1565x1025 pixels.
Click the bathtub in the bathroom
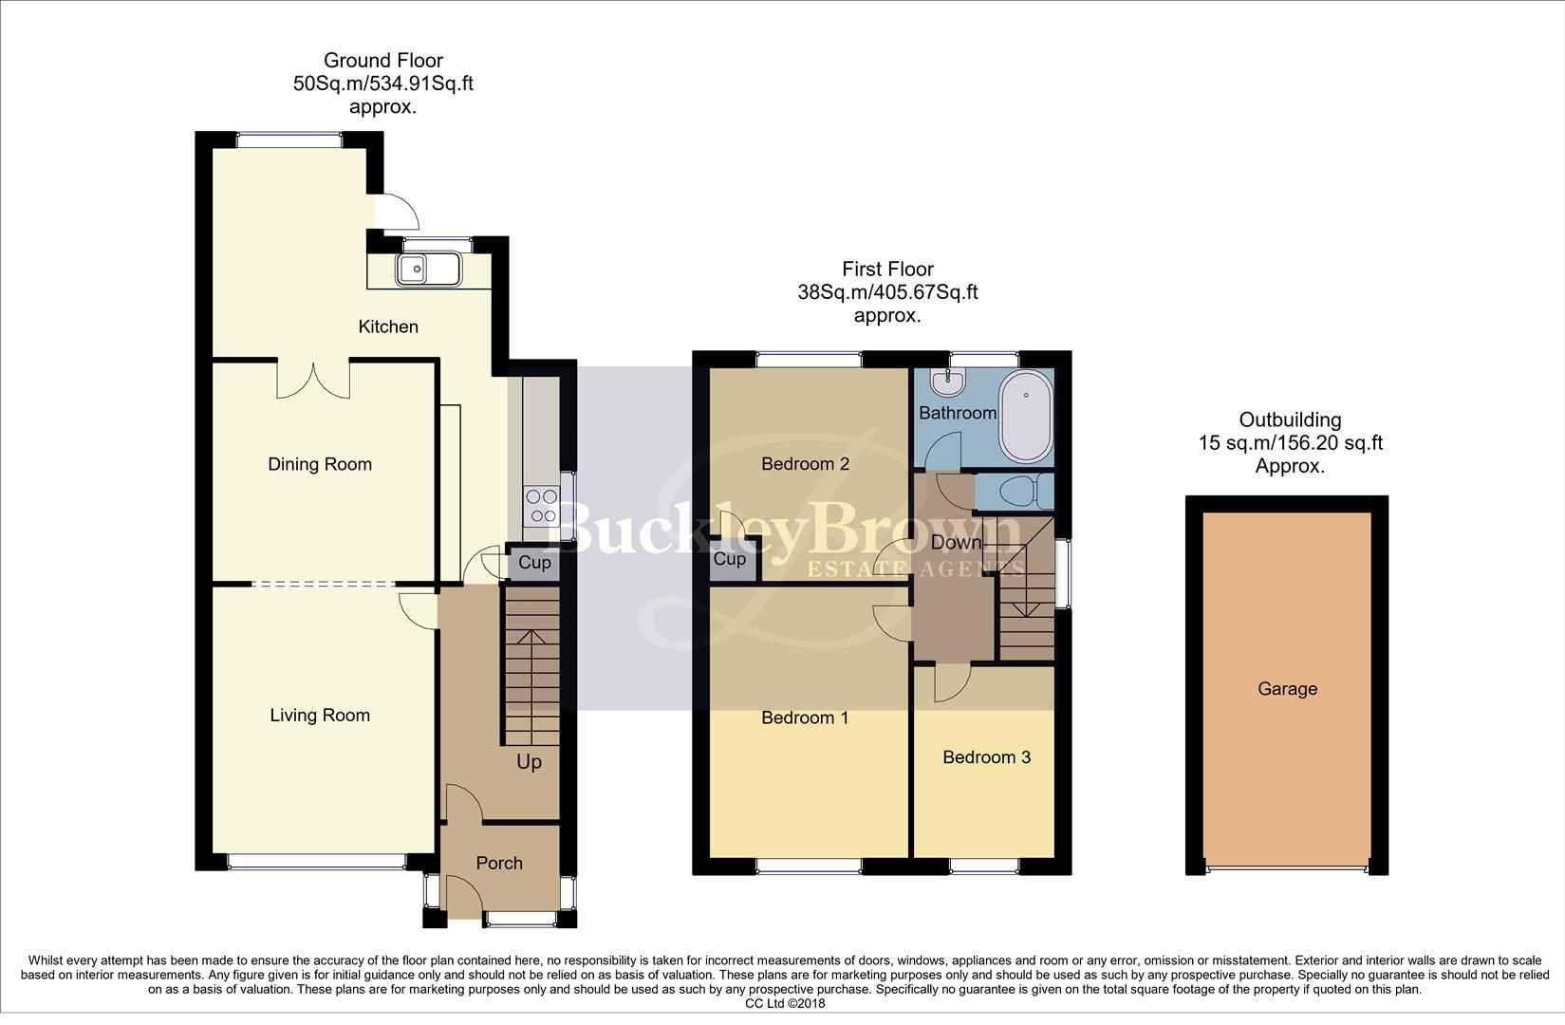1025,417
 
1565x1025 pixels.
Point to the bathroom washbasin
945,382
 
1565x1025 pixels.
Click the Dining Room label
320,464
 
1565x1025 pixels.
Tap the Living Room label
320,716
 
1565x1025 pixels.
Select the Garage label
1287,689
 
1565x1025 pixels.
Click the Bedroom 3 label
986,757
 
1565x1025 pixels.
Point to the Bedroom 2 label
805,464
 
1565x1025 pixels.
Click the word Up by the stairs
529,762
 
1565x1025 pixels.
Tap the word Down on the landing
956,543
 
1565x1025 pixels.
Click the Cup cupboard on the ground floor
534,563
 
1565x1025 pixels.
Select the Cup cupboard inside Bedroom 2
729,559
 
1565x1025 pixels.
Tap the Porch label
499,863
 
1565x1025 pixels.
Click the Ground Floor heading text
383,61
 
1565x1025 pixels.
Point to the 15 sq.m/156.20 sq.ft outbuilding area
1290,443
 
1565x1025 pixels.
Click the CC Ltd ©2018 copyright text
785,1003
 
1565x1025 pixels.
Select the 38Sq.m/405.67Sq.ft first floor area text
887,292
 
